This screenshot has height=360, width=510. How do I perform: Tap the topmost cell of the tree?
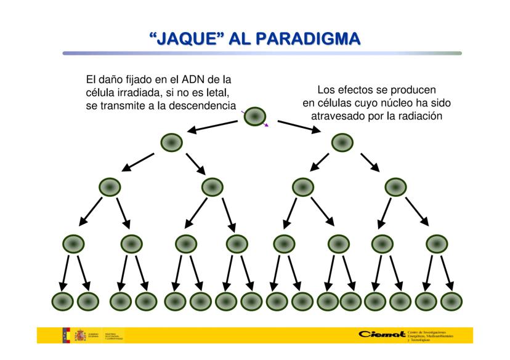[x=255, y=116]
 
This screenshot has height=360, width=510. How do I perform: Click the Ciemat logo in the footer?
[x=378, y=335]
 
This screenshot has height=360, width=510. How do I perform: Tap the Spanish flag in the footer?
[x=65, y=335]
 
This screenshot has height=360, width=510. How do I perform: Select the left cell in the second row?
[x=172, y=143]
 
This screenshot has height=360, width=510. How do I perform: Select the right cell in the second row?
[x=342, y=143]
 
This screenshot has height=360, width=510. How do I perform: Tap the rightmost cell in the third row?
[x=395, y=187]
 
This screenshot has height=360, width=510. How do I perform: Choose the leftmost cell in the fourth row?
[x=75, y=244]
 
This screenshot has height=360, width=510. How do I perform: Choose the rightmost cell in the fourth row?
[x=436, y=244]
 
